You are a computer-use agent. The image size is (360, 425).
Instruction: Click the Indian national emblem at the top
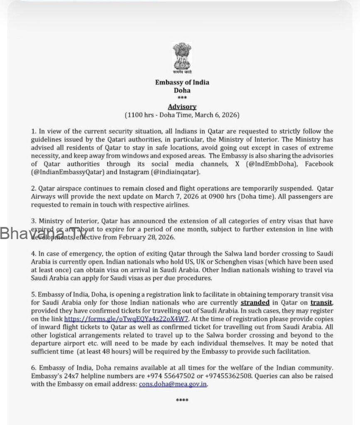point(182,59)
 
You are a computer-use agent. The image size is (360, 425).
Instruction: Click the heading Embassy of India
point(182,82)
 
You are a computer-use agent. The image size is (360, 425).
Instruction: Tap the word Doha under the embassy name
point(182,90)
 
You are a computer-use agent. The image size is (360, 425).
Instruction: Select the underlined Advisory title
point(182,107)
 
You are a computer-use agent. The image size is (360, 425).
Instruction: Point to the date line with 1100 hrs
point(182,115)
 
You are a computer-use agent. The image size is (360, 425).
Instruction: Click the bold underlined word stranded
point(255,303)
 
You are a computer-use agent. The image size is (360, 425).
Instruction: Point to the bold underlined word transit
point(321,303)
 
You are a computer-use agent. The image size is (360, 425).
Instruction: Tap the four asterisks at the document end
point(182,401)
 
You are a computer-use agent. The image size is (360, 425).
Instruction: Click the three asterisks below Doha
point(182,98)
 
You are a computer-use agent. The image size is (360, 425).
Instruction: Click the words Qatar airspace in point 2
point(52,188)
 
